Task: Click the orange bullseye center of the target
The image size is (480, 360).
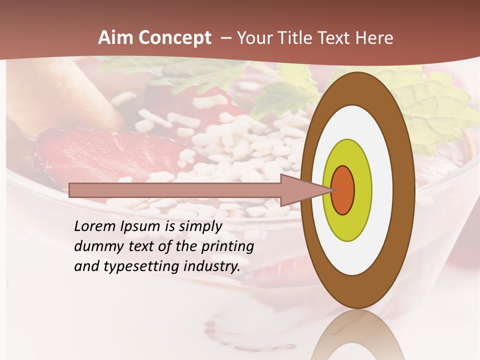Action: point(343,190)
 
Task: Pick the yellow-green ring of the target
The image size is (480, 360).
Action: point(347,225)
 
